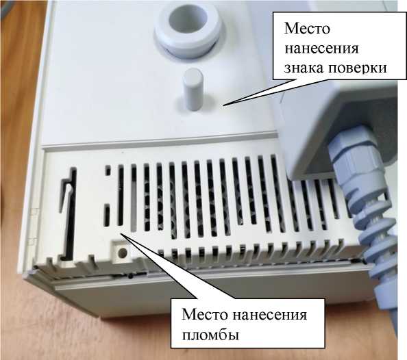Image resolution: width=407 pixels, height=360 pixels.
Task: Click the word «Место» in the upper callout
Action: pos(307,28)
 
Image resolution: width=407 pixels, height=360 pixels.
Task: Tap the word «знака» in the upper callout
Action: pos(303,68)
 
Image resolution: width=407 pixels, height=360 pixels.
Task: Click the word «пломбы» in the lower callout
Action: pos(210,335)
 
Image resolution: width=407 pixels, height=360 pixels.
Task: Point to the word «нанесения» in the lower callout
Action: pos(269,315)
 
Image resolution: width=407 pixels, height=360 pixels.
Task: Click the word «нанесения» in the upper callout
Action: pos(321,49)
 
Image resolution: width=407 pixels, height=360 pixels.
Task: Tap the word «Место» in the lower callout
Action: pos(204,314)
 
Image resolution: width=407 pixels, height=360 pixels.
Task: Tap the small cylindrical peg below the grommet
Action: pos(193,90)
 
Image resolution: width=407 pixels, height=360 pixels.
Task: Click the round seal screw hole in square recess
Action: pos(122,253)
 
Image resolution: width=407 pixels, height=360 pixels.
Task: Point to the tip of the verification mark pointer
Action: pos(223,105)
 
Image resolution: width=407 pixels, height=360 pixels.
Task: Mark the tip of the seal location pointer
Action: pos(121,233)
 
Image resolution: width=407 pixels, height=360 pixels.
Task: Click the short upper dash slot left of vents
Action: pos(108,171)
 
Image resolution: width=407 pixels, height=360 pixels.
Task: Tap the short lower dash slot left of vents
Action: pos(107,214)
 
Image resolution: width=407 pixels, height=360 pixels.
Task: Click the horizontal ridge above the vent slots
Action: pos(158,142)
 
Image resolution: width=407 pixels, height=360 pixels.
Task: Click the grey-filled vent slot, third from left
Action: pos(134,198)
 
